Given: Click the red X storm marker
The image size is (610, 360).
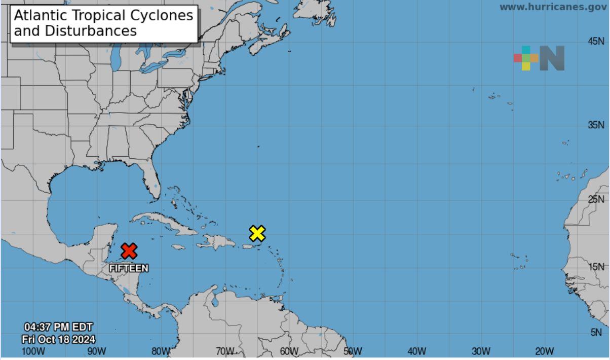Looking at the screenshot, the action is coord(129,250).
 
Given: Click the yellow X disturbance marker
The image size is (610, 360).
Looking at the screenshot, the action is coord(257,233).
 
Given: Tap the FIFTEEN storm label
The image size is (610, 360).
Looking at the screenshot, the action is coord(129,268).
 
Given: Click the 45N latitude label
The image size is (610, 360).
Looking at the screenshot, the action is coord(596,42).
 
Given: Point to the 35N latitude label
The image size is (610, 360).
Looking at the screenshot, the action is coord(596,125).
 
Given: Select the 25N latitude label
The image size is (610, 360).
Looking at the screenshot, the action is coord(596,199).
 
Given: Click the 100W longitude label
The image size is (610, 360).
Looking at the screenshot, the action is coord(33,351).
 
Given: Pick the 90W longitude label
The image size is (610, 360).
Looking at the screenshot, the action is coord(97,351).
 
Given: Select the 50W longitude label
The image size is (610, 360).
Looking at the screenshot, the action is coord(352,351).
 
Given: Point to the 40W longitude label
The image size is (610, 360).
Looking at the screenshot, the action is coord(416,351).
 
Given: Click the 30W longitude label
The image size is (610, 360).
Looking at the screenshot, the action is coord(481,351).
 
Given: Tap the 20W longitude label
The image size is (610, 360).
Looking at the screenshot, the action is coord(544,351).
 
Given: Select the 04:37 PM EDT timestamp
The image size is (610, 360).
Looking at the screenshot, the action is coord(58,328).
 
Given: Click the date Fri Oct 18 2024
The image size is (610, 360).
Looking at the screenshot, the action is coord(58,339).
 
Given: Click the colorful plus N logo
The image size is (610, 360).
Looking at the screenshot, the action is coord(539,58).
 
